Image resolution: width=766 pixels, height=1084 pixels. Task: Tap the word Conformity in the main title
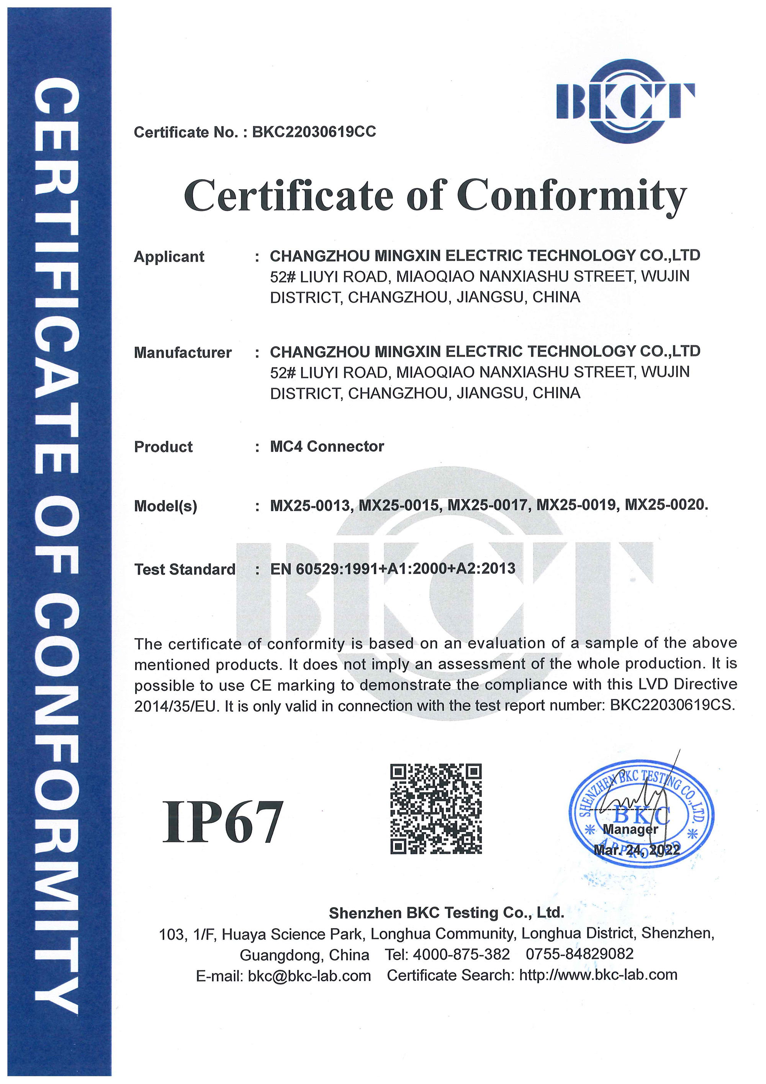[571, 196]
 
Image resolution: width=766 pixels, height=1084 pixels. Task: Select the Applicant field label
[169, 257]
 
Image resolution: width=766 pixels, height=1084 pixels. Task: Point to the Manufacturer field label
[183, 353]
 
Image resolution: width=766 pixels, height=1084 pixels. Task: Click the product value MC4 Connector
[327, 447]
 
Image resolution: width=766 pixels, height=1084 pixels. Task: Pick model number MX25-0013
[311, 506]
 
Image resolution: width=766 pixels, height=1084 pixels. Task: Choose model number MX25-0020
[666, 506]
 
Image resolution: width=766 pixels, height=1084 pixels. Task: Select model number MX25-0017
[488, 506]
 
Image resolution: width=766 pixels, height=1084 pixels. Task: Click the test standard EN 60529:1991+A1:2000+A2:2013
[392, 568]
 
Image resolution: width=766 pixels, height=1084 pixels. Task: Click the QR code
[436, 809]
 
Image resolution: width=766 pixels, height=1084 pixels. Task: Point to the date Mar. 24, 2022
[637, 850]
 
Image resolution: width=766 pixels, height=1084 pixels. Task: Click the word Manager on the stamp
[630, 829]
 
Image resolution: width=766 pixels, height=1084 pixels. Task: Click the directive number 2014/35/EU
[175, 707]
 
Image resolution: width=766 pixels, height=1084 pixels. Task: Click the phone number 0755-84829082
[579, 954]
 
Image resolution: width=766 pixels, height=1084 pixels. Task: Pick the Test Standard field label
[185, 569]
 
